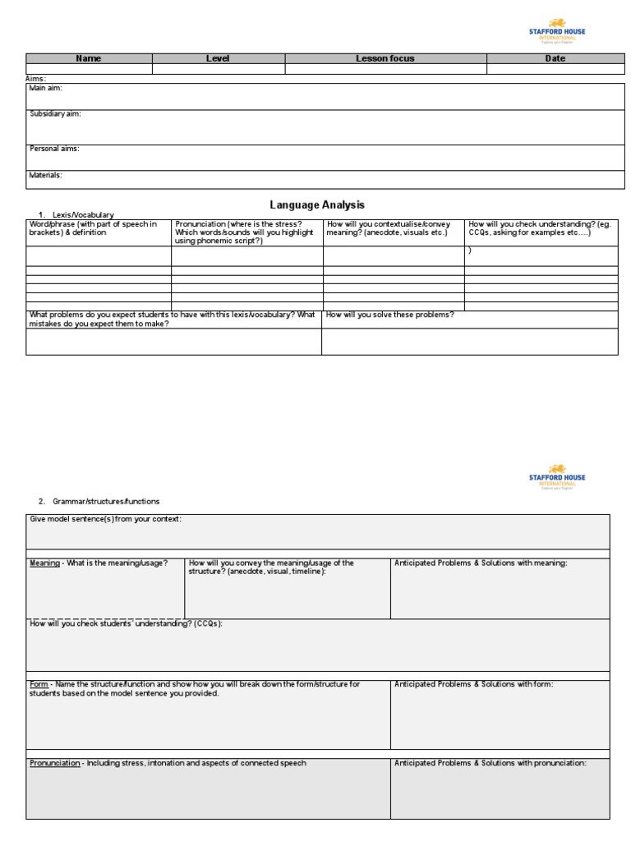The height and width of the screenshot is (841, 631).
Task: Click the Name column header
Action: click(x=89, y=58)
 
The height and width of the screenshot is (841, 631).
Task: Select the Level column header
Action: click(x=218, y=58)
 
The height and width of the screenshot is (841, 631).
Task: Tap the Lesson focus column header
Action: click(x=385, y=58)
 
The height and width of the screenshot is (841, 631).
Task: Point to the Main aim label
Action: click(x=46, y=88)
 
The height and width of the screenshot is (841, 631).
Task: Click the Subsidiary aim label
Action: click(x=55, y=114)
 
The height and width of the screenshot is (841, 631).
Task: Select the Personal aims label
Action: click(x=54, y=149)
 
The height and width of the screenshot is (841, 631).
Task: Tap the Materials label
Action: click(x=46, y=175)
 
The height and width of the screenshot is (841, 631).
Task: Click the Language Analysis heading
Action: click(x=317, y=205)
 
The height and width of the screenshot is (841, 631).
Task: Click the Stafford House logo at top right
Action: click(x=557, y=30)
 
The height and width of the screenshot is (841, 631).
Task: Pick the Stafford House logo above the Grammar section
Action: click(x=557, y=476)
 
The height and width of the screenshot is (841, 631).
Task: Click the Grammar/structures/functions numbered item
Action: click(x=106, y=501)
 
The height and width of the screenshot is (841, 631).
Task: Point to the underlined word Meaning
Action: click(x=44, y=563)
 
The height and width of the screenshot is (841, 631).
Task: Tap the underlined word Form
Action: click(x=39, y=684)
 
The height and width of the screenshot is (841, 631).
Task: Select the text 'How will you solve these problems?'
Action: click(x=390, y=315)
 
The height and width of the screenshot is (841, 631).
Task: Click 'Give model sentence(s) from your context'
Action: click(x=105, y=519)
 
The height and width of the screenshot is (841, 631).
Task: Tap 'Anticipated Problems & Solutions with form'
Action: click(x=474, y=684)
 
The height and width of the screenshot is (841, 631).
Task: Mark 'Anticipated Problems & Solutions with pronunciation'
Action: click(x=491, y=763)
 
